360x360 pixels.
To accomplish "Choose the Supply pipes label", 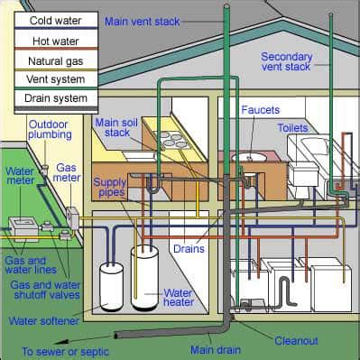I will tap(110, 187).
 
